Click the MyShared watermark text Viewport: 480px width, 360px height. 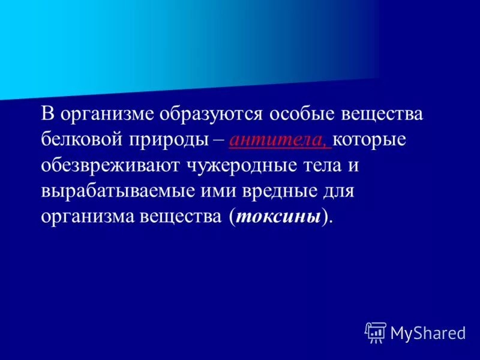click(x=428, y=334)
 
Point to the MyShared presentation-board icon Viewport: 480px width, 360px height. click(x=376, y=332)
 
